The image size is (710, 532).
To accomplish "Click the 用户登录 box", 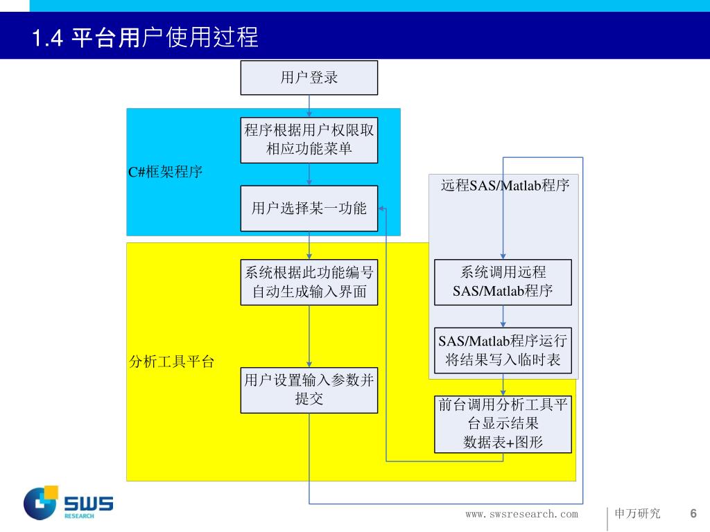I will [309, 78].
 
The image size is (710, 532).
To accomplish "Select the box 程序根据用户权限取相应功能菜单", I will [309, 140].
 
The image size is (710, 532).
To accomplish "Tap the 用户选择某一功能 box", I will [309, 209].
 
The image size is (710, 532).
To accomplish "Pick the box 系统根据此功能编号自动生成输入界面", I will [309, 282].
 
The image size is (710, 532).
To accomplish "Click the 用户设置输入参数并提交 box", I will [309, 390].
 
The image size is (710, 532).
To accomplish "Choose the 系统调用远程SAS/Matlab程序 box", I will [503, 282].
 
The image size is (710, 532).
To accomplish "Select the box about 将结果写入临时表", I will [503, 351].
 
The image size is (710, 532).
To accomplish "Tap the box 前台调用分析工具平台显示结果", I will [503, 424].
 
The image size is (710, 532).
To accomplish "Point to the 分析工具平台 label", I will [172, 362].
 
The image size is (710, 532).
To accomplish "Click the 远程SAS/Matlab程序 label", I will [505, 186].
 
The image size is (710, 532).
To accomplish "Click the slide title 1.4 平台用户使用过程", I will [145, 37].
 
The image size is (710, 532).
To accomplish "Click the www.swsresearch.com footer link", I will [521, 514].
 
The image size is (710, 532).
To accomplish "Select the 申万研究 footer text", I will [638, 514].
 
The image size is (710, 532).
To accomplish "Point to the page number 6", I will [693, 513].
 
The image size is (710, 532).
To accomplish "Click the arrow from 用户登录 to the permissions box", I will [309, 106].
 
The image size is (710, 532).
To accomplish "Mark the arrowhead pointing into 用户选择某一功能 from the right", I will [382, 209].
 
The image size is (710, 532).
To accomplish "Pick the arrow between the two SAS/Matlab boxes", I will [503, 317].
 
